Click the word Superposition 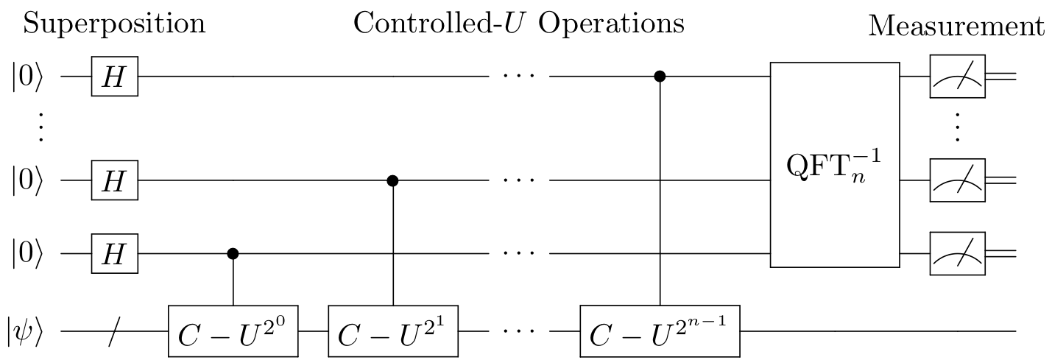click(114, 24)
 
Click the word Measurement click(956, 26)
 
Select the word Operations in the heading click(611, 24)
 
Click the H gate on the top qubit click(115, 77)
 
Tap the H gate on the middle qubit click(115, 180)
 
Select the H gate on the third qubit click(115, 253)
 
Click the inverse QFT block click(835, 165)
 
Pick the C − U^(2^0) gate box click(233, 331)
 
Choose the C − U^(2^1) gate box click(393, 331)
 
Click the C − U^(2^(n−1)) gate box click(660, 331)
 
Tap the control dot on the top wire click(660, 76)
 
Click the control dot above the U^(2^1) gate click(392, 180)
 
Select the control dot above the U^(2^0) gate click(233, 253)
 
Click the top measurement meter click(957, 77)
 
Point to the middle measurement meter click(957, 180)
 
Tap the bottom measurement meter click(957, 253)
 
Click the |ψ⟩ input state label click(25, 331)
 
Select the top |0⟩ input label click(27, 77)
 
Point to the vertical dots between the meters click(957, 127)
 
